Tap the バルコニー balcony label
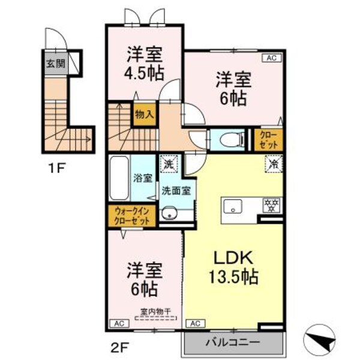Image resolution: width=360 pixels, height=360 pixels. (232, 343)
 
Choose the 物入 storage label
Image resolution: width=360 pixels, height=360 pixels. (144, 113)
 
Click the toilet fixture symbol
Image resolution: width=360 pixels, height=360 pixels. (230, 140)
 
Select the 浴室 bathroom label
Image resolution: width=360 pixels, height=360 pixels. (144, 178)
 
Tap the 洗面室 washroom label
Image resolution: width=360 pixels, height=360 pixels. (176, 191)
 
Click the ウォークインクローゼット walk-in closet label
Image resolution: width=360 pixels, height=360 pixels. (133, 215)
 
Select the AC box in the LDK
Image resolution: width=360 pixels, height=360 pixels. (194, 323)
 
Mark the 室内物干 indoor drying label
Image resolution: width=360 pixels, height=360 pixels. (155, 311)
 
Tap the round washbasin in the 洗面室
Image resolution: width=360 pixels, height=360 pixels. (169, 214)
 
